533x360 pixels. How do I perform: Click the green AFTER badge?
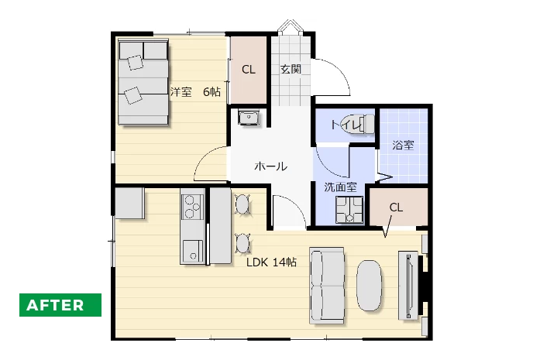click(60, 305)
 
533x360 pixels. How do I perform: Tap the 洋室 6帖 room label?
click(195, 91)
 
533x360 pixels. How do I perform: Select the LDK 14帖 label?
click(272, 262)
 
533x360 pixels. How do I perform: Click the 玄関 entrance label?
click(291, 69)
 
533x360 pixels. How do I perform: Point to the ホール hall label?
click(271, 166)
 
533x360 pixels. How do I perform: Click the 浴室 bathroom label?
click(403, 146)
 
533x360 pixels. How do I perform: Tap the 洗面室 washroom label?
click(340, 187)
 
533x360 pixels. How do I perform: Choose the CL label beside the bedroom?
click(249, 70)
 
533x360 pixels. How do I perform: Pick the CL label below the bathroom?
click(396, 207)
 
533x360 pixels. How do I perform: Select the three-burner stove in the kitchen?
click(192, 207)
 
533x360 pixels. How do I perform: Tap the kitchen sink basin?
click(192, 251)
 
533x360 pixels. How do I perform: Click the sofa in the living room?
click(327, 285)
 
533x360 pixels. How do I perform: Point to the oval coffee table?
click(370, 286)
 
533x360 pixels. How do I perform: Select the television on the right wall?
click(408, 285)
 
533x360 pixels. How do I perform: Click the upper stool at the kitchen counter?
click(242, 204)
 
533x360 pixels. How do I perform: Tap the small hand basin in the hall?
click(249, 118)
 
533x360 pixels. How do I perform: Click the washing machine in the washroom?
click(349, 210)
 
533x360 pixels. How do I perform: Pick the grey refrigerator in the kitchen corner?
click(130, 204)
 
